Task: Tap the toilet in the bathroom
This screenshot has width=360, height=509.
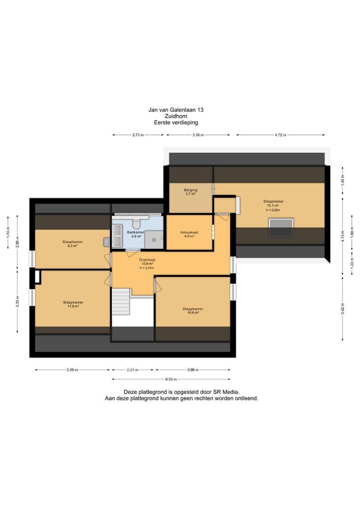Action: coord(136,223)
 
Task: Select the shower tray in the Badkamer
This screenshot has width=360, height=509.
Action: coord(154,240)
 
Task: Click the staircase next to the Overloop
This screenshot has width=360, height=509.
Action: coord(121,302)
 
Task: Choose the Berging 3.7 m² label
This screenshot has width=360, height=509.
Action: coord(190,192)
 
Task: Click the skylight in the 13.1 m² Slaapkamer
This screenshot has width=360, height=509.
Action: coord(281,227)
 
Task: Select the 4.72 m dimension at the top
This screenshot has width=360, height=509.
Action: coord(280,135)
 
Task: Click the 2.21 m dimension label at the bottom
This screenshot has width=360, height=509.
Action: coord(132,370)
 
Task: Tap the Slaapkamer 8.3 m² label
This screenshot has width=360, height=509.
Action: coord(73,244)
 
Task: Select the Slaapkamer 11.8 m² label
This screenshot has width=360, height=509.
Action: coord(73,304)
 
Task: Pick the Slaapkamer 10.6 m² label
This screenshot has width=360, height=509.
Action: coord(193,311)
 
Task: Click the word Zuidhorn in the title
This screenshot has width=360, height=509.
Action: coord(176,116)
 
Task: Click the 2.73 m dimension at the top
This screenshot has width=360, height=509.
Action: coord(138,135)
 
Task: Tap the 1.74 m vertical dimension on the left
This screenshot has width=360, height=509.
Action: coord(8,232)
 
